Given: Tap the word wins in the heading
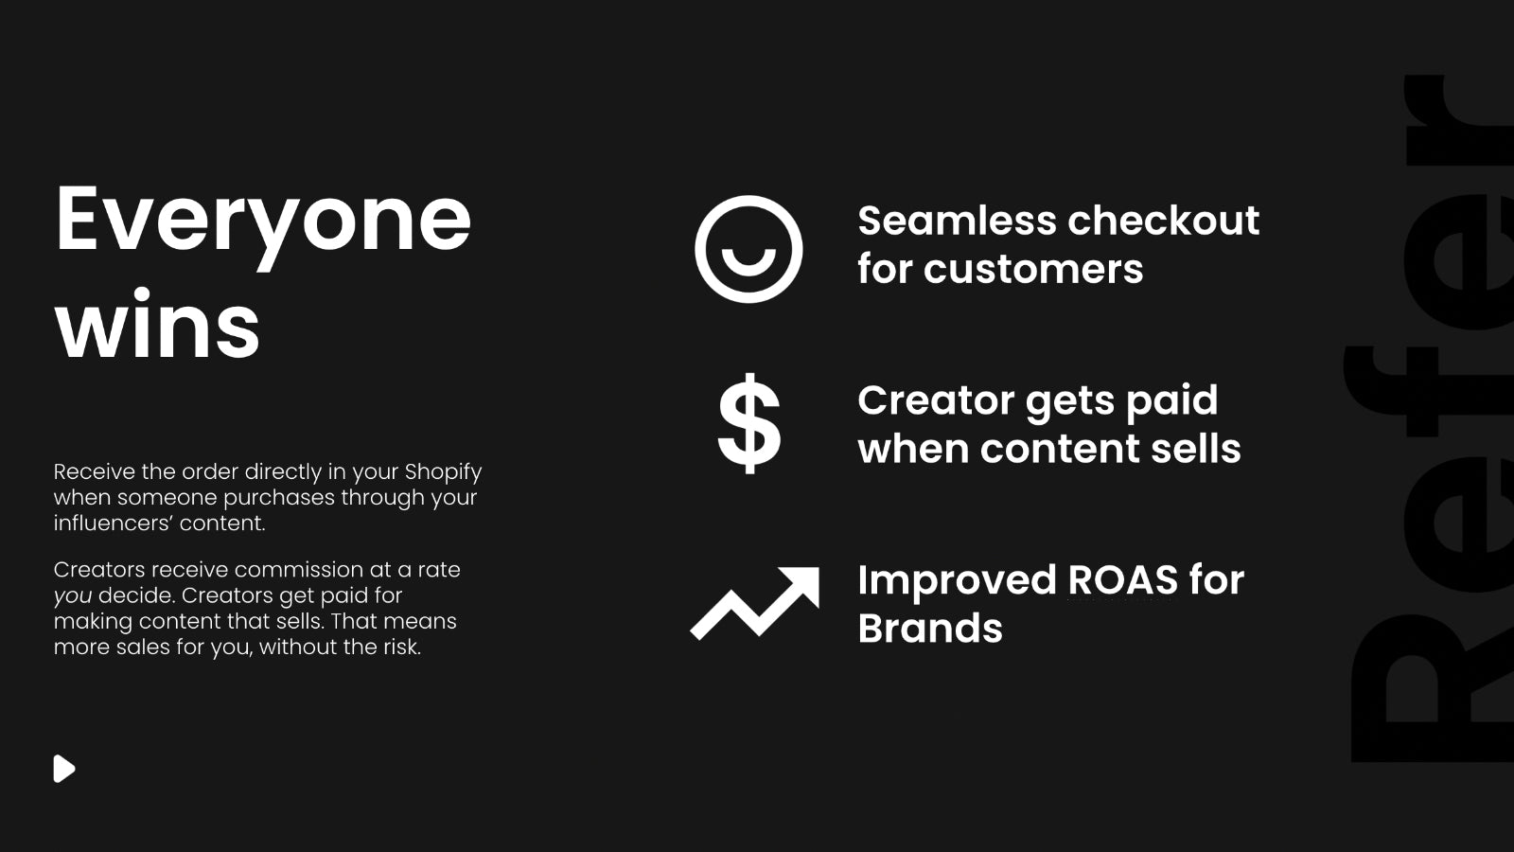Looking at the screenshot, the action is (x=157, y=325).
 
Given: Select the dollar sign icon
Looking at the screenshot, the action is (x=748, y=423).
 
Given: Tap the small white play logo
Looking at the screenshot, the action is (x=64, y=769).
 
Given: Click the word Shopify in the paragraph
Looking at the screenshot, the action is (x=444, y=472).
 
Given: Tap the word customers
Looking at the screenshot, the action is (x=1033, y=270).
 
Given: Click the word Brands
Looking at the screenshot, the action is (x=930, y=629).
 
